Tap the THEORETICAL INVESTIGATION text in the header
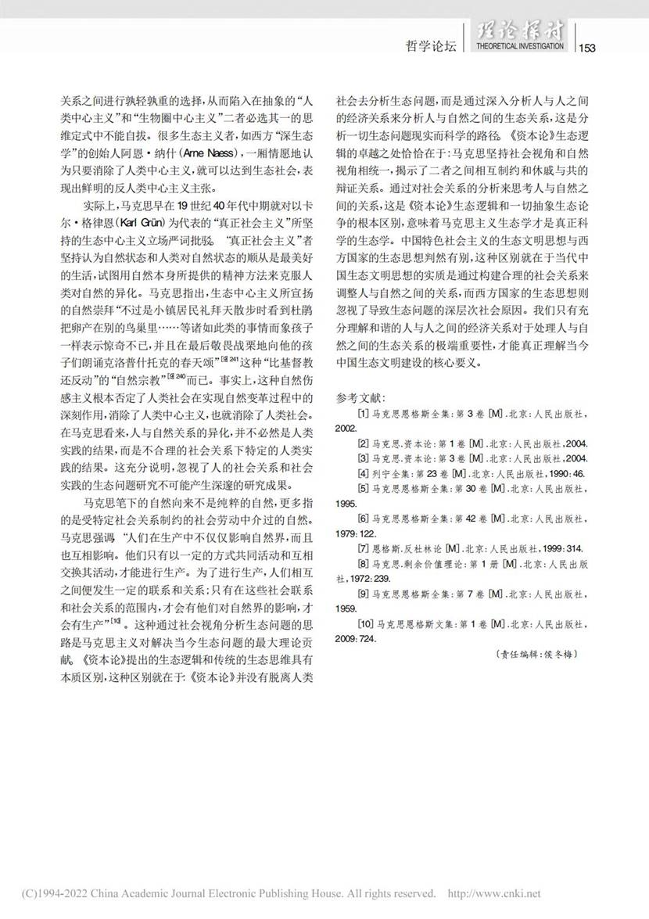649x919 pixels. tap(518, 47)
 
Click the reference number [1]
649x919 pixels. tap(364, 413)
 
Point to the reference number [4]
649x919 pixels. tap(364, 473)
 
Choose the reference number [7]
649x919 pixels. tap(364, 548)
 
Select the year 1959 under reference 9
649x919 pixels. tap(347, 608)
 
